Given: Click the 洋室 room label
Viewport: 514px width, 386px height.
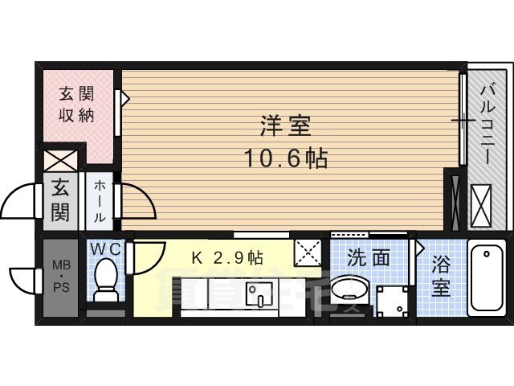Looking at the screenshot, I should pyautogui.click(x=285, y=126).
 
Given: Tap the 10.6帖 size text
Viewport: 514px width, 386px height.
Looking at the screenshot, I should pyautogui.click(x=285, y=158).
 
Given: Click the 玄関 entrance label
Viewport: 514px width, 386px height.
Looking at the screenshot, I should pyautogui.click(x=60, y=201).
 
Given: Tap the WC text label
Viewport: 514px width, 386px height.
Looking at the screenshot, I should pyautogui.click(x=105, y=249).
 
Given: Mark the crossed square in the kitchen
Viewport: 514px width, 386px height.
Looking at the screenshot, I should pyautogui.click(x=308, y=253).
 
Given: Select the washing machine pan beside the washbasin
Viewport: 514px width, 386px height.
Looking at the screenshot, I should pyautogui.click(x=394, y=300).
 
